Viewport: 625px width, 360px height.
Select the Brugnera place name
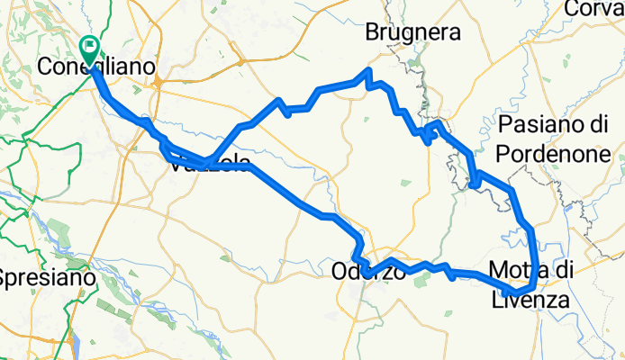tap(412, 33)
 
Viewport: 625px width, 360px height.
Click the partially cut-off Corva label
tap(595, 8)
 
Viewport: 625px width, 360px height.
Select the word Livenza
tap(528, 300)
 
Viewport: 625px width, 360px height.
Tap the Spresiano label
tap(47, 278)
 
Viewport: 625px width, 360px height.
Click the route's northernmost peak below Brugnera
tap(368, 70)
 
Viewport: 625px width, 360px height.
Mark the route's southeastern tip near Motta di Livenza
tap(507, 293)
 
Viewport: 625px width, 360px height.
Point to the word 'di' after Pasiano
tap(600, 124)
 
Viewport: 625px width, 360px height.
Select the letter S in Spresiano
tap(5, 278)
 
